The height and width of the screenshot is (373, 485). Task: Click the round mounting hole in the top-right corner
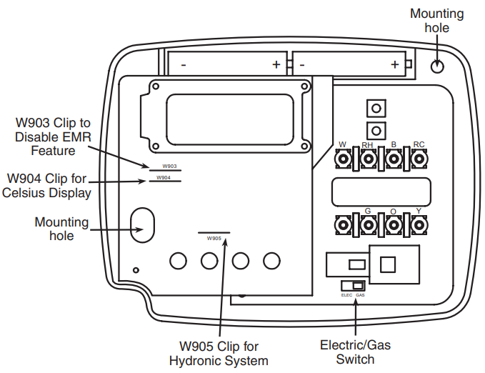pos(439,66)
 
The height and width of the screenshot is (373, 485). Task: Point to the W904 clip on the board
pos(164,180)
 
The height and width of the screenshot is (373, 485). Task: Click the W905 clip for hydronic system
pos(214,235)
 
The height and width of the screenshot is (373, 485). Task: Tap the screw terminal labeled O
pos(394,226)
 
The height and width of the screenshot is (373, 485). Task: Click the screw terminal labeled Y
pos(419,226)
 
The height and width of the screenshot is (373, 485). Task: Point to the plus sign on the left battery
pos(276,64)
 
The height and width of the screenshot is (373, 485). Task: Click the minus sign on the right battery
pos(303,64)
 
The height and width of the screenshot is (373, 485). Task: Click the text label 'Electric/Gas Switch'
pos(355,352)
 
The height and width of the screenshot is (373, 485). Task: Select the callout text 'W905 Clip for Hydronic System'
pos(219,353)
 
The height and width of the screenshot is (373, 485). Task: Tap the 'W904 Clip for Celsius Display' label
pos(49,185)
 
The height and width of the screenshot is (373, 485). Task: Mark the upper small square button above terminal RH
pos(374,109)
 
